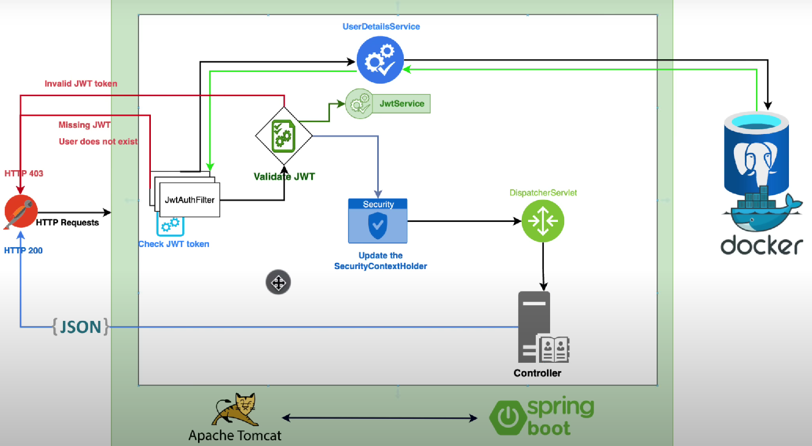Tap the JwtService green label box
click(401, 104)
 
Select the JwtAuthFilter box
click(190, 199)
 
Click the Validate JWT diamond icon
click(283, 136)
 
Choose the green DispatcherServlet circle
click(543, 221)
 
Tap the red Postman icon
click(20, 211)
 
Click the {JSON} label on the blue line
click(81, 327)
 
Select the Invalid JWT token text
click(81, 84)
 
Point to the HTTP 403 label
click(24, 173)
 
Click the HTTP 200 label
click(24, 251)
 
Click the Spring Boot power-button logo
click(508, 417)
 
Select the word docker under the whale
click(761, 246)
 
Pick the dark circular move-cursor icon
click(278, 283)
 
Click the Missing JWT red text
click(84, 125)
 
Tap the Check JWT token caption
click(174, 244)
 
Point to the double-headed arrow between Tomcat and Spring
click(379, 418)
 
